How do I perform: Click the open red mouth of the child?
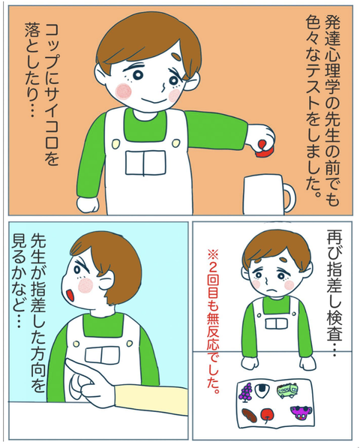tap(70, 295)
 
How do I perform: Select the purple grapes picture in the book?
tap(246, 392)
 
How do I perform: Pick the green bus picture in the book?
tap(287, 390)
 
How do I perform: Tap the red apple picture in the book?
tap(267, 414)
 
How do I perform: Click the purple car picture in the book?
tap(301, 413)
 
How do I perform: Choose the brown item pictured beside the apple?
tap(249, 415)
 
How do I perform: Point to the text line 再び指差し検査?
tap(334, 292)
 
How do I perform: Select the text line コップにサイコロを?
tap(52, 94)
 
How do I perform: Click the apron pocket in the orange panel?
tap(145, 163)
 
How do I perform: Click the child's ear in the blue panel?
tap(106, 280)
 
